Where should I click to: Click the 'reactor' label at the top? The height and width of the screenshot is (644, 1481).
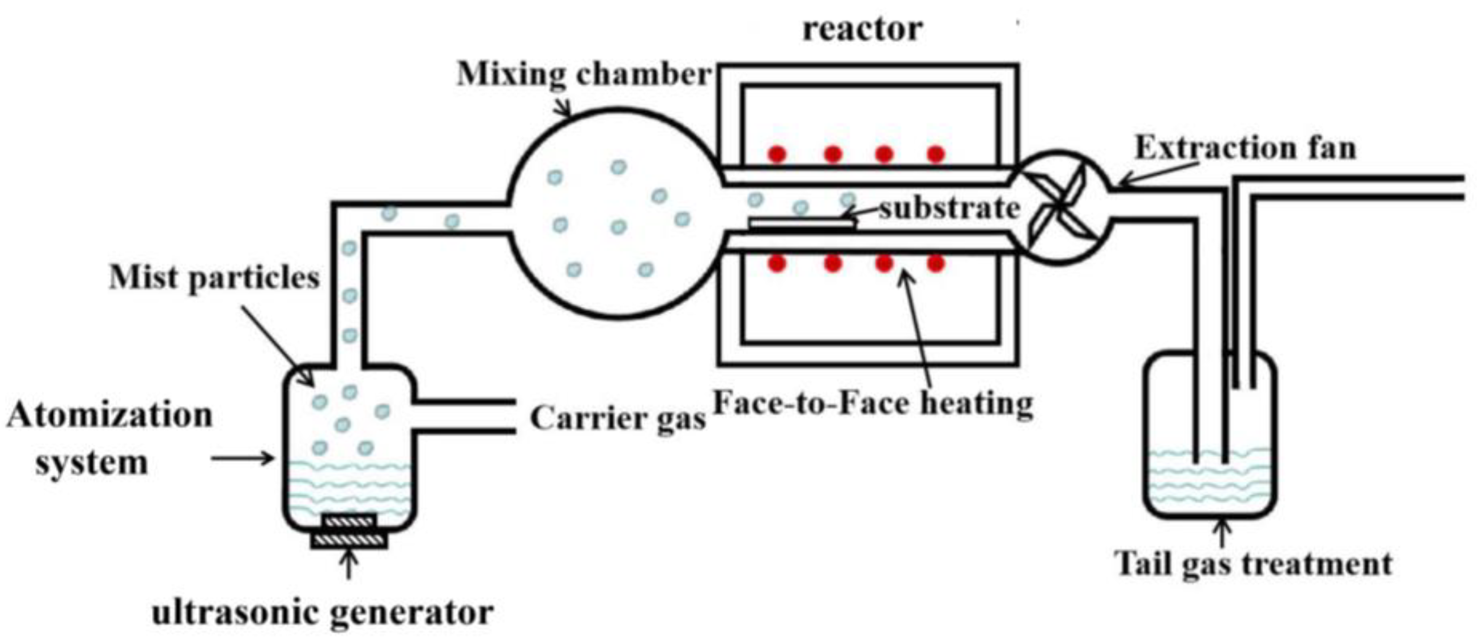[x=862, y=29]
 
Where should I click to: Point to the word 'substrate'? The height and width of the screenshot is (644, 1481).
[x=949, y=208]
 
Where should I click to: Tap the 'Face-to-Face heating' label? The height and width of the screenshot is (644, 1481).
[x=873, y=404]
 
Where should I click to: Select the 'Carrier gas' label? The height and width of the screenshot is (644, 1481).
[x=617, y=419]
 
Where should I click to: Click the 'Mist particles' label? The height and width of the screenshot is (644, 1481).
[x=214, y=278]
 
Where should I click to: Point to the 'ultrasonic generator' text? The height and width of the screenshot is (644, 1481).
[x=322, y=613]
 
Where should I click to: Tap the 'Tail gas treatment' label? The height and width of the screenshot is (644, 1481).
[x=1254, y=564]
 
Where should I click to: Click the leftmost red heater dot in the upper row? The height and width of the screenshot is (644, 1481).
[x=777, y=153]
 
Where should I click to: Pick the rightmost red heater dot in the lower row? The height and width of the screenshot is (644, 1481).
[x=936, y=263]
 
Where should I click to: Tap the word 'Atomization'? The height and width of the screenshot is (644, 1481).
[x=109, y=415]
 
